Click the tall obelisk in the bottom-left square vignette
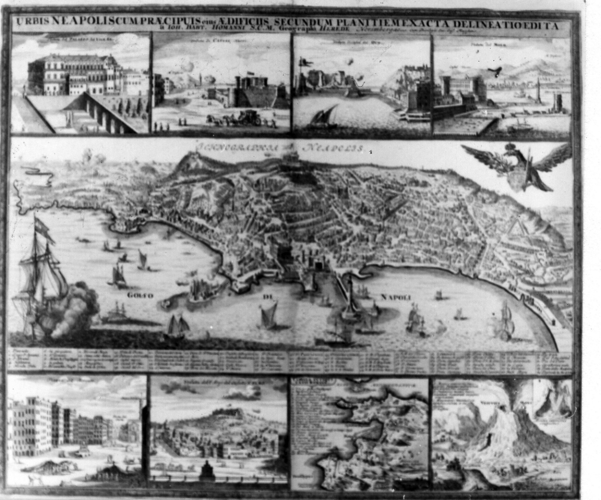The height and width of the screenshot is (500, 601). [x=140, y=415]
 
